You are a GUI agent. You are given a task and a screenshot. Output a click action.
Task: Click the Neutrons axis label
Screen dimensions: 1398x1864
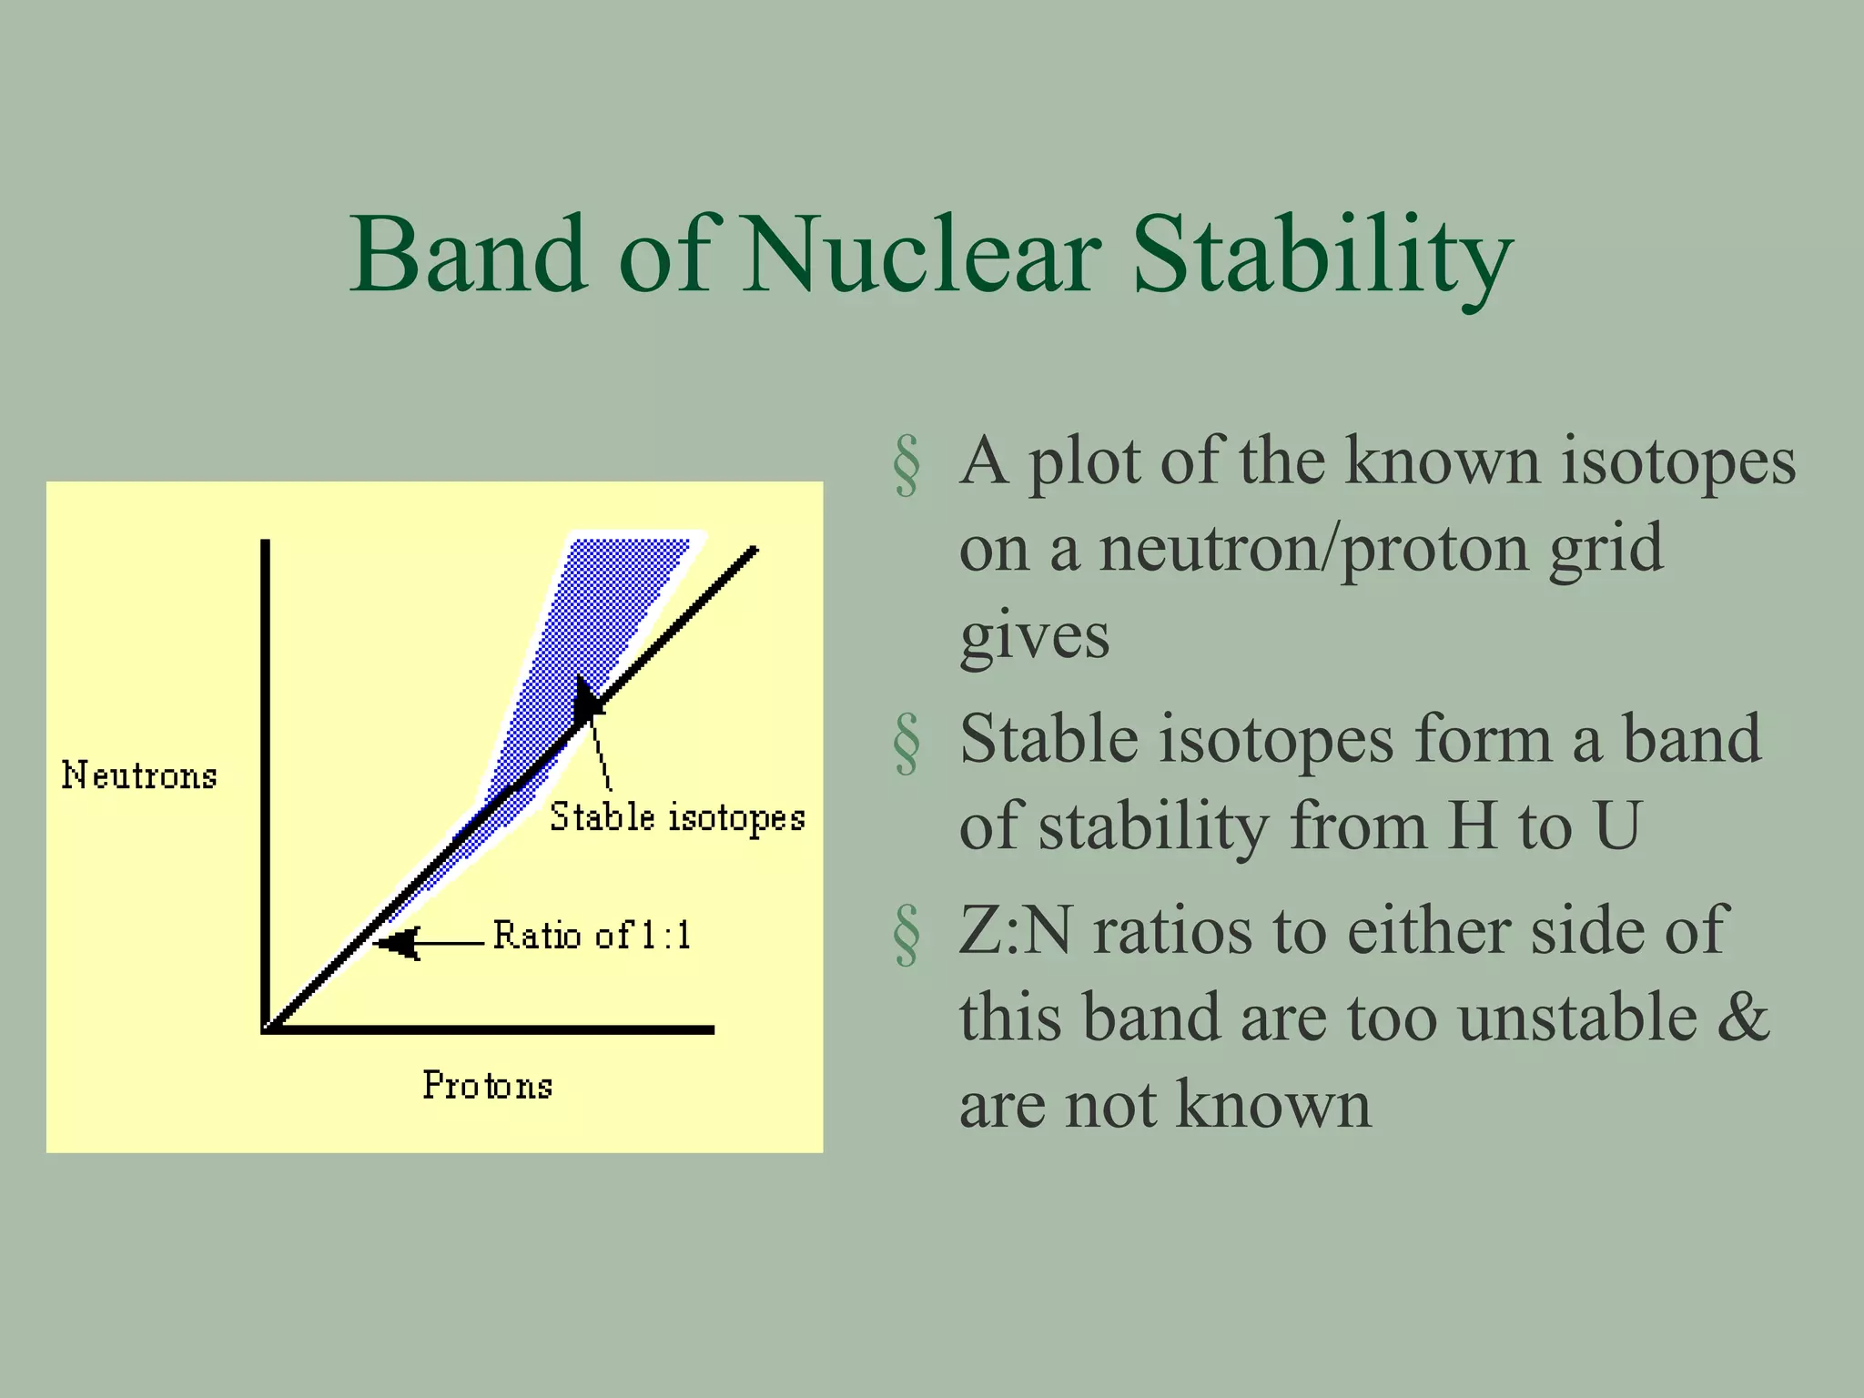[139, 775]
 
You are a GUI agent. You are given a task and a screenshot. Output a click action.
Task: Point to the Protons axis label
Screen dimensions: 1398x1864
[488, 1085]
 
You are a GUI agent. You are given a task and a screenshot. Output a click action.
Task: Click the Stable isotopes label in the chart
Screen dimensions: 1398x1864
[677, 816]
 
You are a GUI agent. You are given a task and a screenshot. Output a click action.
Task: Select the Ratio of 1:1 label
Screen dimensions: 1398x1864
[593, 935]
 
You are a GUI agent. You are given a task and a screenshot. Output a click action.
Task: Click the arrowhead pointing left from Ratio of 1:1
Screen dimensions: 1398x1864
[399, 943]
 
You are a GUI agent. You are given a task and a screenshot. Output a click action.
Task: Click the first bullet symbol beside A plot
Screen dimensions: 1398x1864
[907, 465]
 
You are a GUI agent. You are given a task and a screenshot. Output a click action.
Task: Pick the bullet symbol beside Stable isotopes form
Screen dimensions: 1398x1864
[907, 743]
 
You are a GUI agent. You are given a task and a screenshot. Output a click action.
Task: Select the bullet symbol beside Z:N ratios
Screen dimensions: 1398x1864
[907, 934]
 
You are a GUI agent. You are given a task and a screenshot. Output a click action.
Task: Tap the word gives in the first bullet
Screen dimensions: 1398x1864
[1035, 636]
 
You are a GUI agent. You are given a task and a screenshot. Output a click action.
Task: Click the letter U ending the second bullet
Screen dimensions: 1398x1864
[1617, 826]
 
